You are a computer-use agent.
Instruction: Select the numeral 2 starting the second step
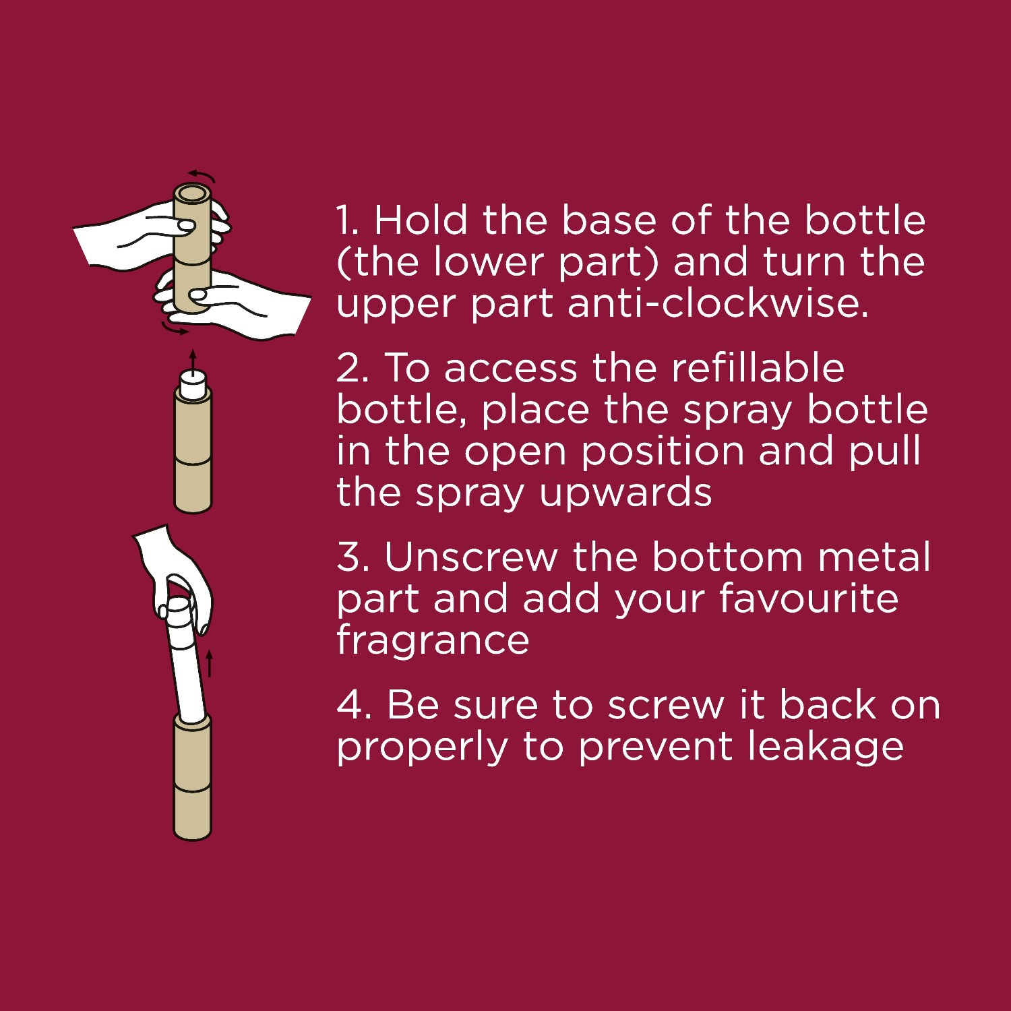point(349,368)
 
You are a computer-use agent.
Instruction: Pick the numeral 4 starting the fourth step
point(350,705)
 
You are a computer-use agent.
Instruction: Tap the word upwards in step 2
point(625,493)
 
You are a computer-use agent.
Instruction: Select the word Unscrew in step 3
point(470,557)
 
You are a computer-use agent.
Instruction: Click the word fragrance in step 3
point(433,640)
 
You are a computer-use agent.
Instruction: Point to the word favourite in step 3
point(808,598)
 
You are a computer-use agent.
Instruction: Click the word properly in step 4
point(423,747)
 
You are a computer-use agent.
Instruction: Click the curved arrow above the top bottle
point(202,174)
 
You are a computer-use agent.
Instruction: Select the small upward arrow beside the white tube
point(209,663)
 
